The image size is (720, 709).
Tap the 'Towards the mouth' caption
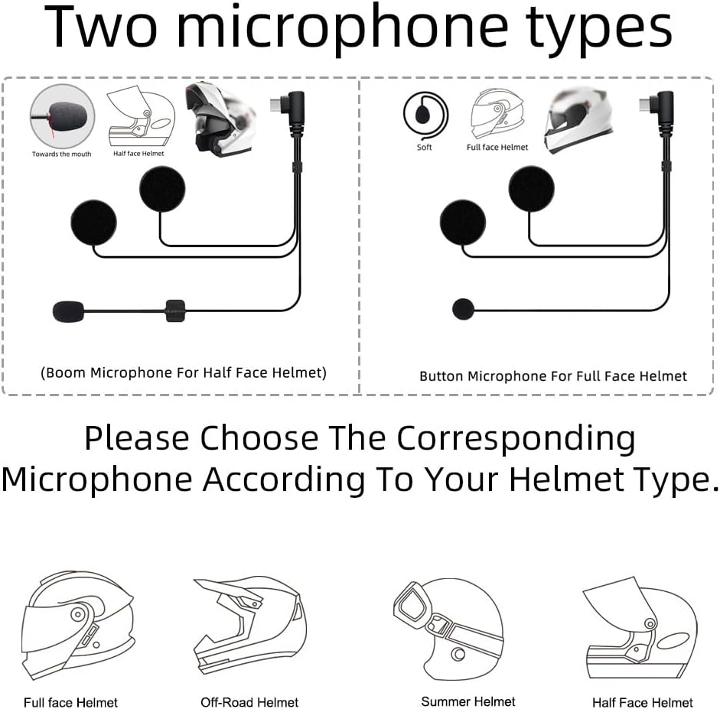pos(61,154)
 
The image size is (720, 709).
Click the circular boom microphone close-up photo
pos(62,116)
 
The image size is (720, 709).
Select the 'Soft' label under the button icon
pos(425,148)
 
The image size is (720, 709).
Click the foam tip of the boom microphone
pos(69,311)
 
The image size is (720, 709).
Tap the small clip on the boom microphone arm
pos(175,311)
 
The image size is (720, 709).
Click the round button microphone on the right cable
pos(464,309)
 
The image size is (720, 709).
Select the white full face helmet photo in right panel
pos(578,120)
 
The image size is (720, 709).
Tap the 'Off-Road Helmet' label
pos(249,702)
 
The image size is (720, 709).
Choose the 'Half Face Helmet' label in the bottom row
pos(643,703)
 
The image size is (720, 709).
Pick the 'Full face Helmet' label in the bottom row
pos(70,703)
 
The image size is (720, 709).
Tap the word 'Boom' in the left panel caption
pos(66,372)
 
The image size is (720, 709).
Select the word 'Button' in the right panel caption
pos(441,376)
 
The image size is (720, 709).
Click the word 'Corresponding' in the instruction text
pos(516,439)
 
